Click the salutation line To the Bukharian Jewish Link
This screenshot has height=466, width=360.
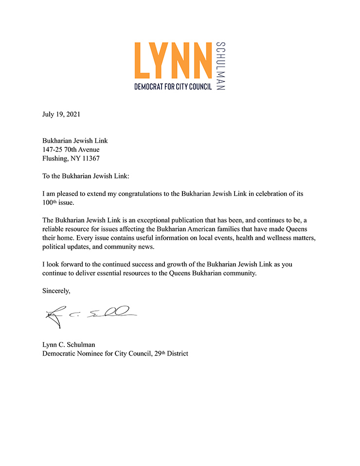84,176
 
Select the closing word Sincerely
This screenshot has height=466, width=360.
56,291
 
